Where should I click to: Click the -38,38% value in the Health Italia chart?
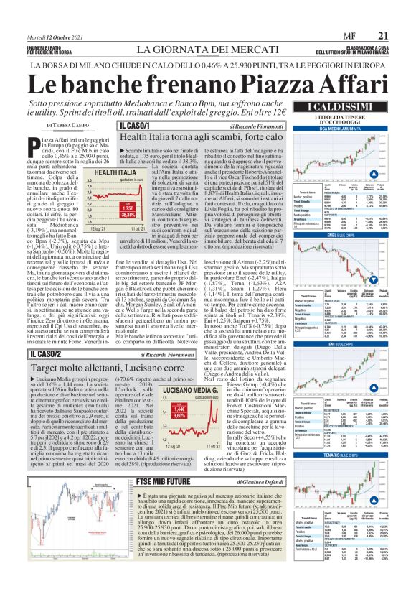[108, 214]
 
